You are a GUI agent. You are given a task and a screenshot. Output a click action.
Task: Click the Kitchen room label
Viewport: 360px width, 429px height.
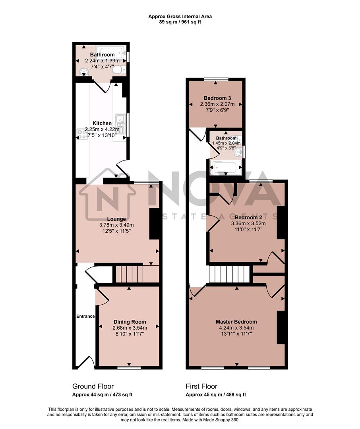pyautogui.click(x=102, y=123)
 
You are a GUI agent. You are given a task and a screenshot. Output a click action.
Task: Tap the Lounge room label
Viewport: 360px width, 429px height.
pyautogui.click(x=116, y=219)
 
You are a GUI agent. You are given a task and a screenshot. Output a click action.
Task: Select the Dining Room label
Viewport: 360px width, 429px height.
pyautogui.click(x=130, y=322)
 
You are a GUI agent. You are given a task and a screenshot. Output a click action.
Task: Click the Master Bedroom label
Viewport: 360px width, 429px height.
pyautogui.click(x=236, y=322)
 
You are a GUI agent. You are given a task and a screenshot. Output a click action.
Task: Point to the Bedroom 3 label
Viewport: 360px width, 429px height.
pyautogui.click(x=217, y=98)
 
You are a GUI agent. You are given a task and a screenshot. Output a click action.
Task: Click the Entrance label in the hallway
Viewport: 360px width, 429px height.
pyautogui.click(x=85, y=316)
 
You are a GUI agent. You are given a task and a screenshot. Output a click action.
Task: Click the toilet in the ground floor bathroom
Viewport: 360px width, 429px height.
pyautogui.click(x=118, y=70)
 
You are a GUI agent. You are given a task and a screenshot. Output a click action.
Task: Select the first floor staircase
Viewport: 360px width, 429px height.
pyautogui.click(x=229, y=274)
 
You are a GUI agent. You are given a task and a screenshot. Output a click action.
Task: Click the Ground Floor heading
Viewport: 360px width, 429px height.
pyautogui.click(x=93, y=386)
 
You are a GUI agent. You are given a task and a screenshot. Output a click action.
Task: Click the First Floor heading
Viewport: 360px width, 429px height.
pyautogui.click(x=201, y=386)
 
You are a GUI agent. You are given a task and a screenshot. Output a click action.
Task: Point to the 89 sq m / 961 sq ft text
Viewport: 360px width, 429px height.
pyautogui.click(x=180, y=22)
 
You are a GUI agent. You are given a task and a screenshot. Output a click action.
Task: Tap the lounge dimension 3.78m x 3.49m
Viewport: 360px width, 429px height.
pyautogui.click(x=116, y=225)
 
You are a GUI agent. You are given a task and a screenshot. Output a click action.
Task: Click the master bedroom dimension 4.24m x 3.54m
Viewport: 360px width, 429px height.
pyautogui.click(x=236, y=328)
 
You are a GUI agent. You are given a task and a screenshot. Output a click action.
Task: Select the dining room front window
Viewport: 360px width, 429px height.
pyautogui.click(x=129, y=367)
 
